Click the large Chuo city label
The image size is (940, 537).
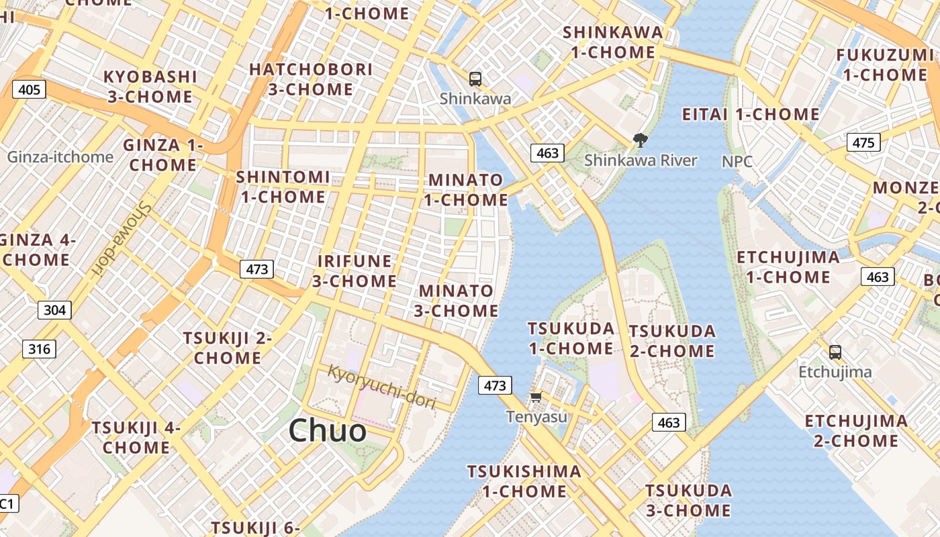(x=328, y=431)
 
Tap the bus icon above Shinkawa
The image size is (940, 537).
(x=475, y=79)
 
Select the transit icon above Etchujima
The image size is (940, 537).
(x=835, y=352)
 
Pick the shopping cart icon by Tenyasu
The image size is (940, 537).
(x=536, y=397)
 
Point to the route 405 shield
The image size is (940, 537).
(x=29, y=89)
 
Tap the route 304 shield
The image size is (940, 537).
(x=54, y=309)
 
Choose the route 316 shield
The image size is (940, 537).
(x=39, y=349)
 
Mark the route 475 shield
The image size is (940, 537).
(x=863, y=142)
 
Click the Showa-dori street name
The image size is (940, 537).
(x=122, y=239)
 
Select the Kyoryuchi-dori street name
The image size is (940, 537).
(x=381, y=387)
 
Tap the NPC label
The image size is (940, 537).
(x=737, y=162)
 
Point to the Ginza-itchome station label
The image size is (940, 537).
(x=60, y=157)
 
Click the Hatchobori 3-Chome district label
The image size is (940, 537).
(x=311, y=79)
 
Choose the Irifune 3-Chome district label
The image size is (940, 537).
(x=354, y=271)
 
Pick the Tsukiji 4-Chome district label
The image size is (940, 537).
(x=136, y=438)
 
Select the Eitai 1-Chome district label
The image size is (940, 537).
(x=751, y=114)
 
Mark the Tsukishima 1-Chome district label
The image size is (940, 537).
(x=524, y=481)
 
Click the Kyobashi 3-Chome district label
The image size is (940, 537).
(x=150, y=87)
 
